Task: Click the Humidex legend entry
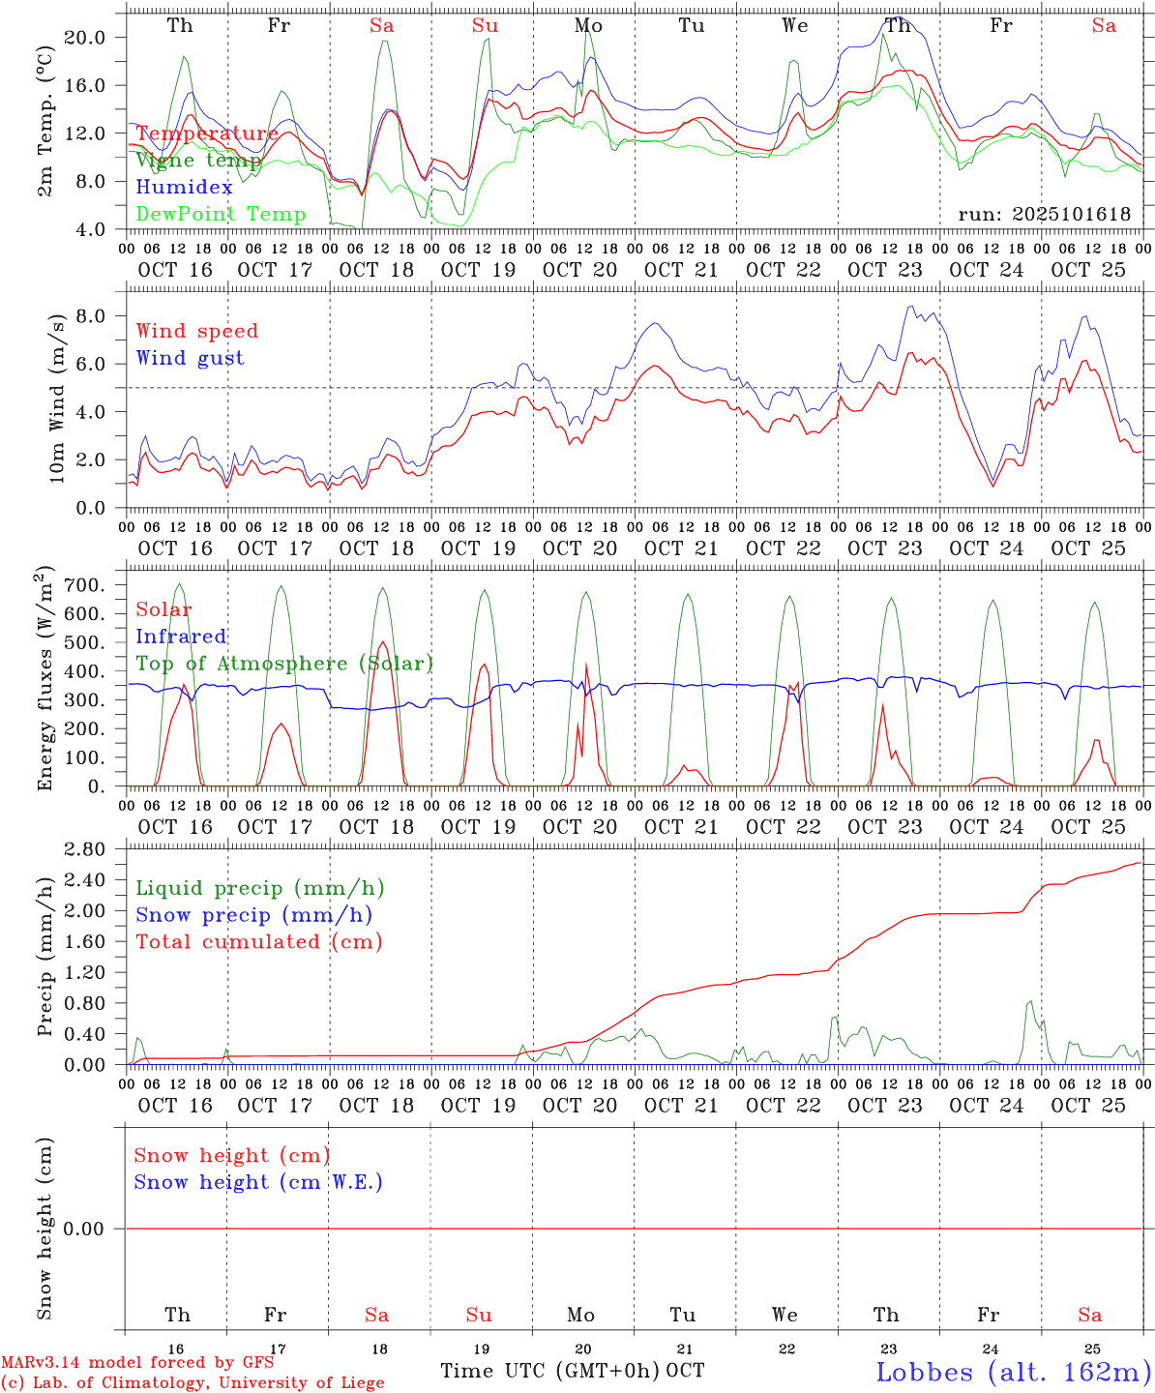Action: coord(184,188)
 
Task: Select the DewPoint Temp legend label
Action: coord(221,215)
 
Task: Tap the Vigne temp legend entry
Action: coord(198,161)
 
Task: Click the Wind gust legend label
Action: coord(190,358)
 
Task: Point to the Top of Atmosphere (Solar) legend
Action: coord(283,664)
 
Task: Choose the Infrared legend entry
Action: coord(181,637)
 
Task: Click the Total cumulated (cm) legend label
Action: coord(258,942)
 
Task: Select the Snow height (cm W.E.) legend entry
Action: coord(257,1182)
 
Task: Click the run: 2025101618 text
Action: coord(1044,215)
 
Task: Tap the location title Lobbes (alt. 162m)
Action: coord(1013,1372)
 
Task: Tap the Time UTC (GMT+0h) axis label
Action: coord(550,1371)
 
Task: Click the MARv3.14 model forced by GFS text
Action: coord(136,1363)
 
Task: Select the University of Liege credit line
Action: coord(192,1383)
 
